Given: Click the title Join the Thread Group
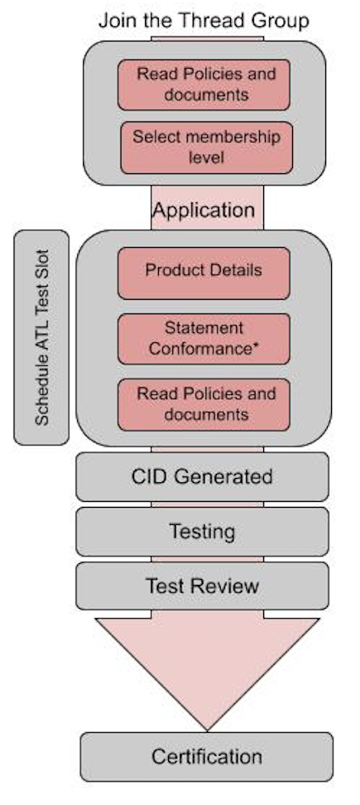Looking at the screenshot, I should click(204, 20).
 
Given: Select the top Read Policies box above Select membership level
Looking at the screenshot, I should click(204, 83).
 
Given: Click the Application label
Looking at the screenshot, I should click(204, 210).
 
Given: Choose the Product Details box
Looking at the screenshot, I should click(204, 272).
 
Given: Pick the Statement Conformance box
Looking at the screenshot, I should click(204, 338).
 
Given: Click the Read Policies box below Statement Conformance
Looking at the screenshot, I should click(204, 404).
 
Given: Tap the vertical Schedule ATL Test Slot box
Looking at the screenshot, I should click(42, 336).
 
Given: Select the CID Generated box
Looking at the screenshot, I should click(202, 476).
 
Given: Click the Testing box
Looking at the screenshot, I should click(202, 532).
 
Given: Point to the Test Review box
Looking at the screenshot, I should click(202, 586).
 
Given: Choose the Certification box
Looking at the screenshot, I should click(206, 756).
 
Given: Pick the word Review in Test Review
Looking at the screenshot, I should click(225, 586).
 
